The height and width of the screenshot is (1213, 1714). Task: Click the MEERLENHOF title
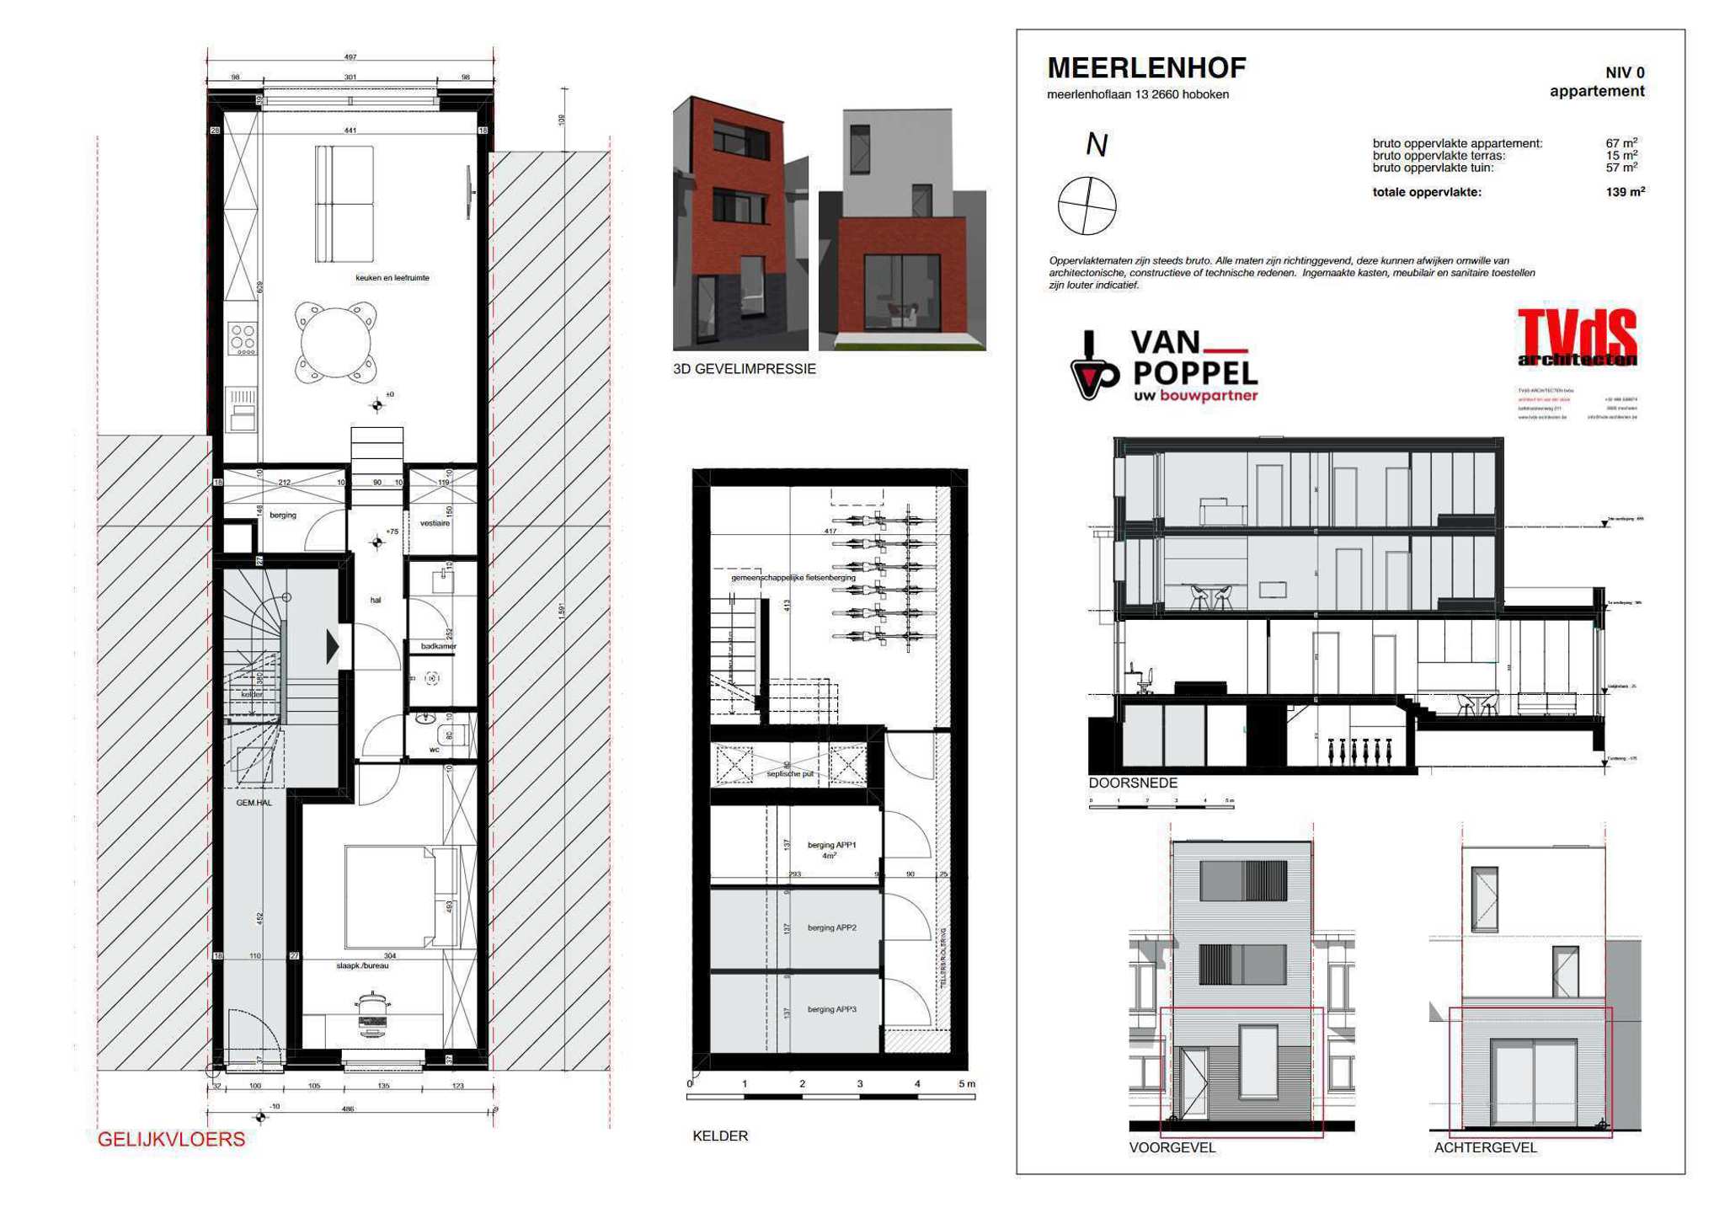click(x=1145, y=67)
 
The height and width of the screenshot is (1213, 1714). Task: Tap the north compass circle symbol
click(x=1087, y=206)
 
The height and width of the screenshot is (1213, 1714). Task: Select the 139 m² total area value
click(x=1624, y=192)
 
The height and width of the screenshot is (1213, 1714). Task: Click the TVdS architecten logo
click(x=1577, y=337)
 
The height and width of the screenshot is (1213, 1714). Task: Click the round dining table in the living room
click(x=335, y=343)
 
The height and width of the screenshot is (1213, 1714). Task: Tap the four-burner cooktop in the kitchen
click(x=243, y=339)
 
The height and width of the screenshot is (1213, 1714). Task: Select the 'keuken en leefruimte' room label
click(x=392, y=278)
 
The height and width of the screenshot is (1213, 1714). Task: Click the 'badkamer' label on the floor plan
click(x=438, y=646)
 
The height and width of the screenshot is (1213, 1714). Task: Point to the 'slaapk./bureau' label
click(x=362, y=965)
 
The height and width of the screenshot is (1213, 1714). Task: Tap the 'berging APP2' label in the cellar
click(x=831, y=927)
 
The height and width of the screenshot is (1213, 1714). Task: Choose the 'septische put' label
click(x=790, y=773)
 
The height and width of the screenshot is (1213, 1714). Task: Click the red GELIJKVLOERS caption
click(x=171, y=1139)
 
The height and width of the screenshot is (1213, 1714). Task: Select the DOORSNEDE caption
click(x=1133, y=783)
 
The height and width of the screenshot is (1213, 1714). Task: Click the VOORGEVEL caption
click(x=1172, y=1147)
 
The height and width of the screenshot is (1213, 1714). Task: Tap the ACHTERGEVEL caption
click(x=1485, y=1147)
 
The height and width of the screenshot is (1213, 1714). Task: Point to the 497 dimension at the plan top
click(x=350, y=57)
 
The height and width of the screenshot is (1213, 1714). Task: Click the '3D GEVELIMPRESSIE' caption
click(x=744, y=369)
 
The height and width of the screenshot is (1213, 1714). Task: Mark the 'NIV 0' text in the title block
click(x=1624, y=72)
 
